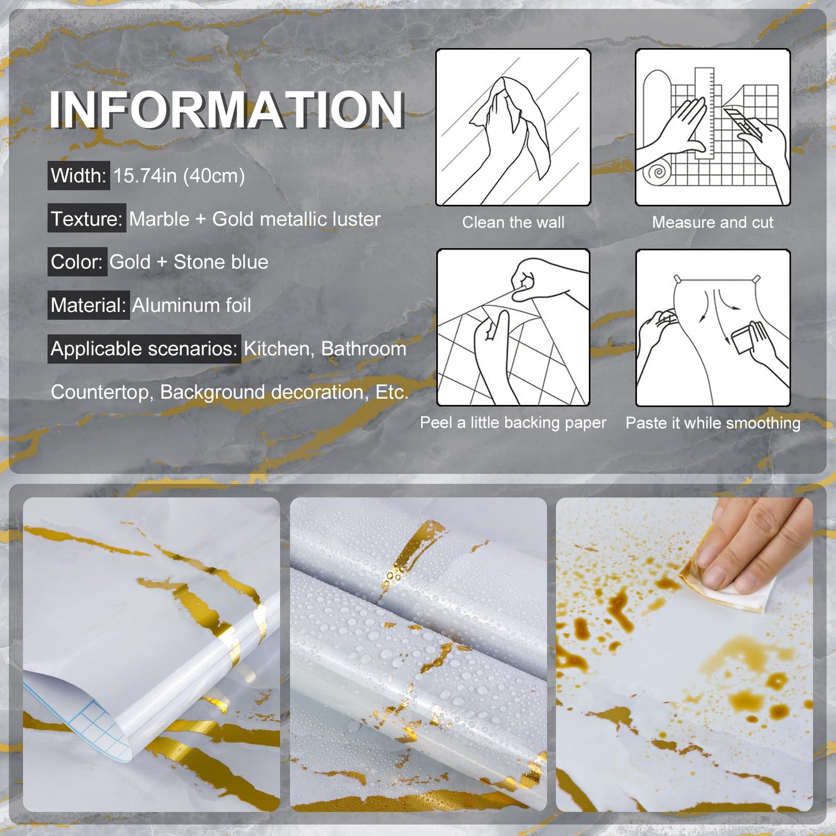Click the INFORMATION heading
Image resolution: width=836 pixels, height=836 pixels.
[x=226, y=109]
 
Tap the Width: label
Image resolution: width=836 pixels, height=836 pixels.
[x=79, y=175]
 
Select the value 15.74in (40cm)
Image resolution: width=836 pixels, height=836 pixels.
[x=179, y=176]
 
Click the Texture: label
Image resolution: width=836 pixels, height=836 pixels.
[x=87, y=219]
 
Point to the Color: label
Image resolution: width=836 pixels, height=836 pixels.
[x=77, y=262]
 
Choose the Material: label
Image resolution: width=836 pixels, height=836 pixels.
[x=89, y=305]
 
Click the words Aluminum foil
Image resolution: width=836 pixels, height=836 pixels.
[x=191, y=305]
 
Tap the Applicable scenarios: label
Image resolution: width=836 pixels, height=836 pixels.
[x=144, y=349]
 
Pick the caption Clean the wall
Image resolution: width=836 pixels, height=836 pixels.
[x=513, y=223]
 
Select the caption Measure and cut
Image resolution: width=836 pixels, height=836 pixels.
[x=712, y=223]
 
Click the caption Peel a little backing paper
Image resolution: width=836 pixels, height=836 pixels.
[x=513, y=423]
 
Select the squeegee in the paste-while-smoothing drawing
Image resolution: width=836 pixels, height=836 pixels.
[x=744, y=338]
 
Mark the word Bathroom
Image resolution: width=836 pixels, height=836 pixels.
[x=364, y=349]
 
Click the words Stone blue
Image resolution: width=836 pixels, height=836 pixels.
[x=221, y=262]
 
